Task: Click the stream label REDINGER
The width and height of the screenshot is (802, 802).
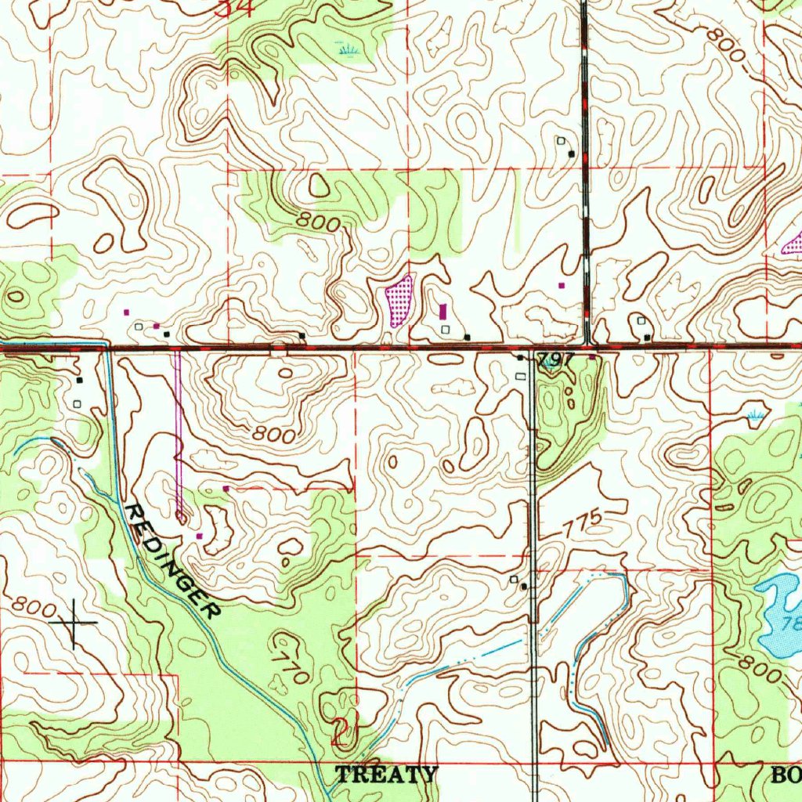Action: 172,561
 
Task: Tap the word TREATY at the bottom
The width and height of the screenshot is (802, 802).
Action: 386,775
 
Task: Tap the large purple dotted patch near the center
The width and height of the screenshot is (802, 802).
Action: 399,300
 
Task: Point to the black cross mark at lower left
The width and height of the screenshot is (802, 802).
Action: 74,623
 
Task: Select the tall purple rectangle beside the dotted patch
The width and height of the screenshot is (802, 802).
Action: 443,311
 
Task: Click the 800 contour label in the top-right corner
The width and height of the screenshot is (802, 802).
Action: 724,45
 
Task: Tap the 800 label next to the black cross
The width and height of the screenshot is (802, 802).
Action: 31,607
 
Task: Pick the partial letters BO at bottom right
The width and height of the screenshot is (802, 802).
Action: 786,775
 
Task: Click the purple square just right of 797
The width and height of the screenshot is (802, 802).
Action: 592,358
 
